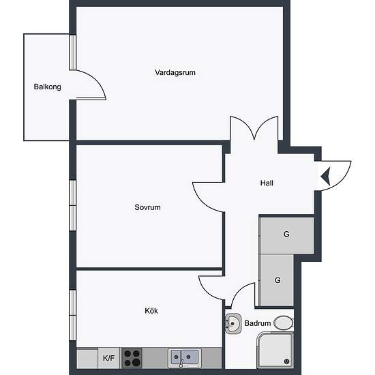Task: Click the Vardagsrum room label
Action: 175,72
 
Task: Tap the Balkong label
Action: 47,87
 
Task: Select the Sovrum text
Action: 147,207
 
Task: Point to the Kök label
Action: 151,311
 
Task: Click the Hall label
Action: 267,183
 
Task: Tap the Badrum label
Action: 258,323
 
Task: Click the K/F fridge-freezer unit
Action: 108,358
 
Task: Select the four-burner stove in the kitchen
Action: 132,358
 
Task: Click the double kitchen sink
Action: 185,358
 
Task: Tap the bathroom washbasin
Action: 233,324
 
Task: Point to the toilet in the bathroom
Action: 284,323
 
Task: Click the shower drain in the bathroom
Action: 287,361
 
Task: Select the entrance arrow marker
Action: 326,177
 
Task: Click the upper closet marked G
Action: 286,234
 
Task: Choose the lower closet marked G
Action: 276,280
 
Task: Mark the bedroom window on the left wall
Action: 73,205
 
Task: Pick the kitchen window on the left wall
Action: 73,315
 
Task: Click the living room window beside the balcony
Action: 73,52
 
